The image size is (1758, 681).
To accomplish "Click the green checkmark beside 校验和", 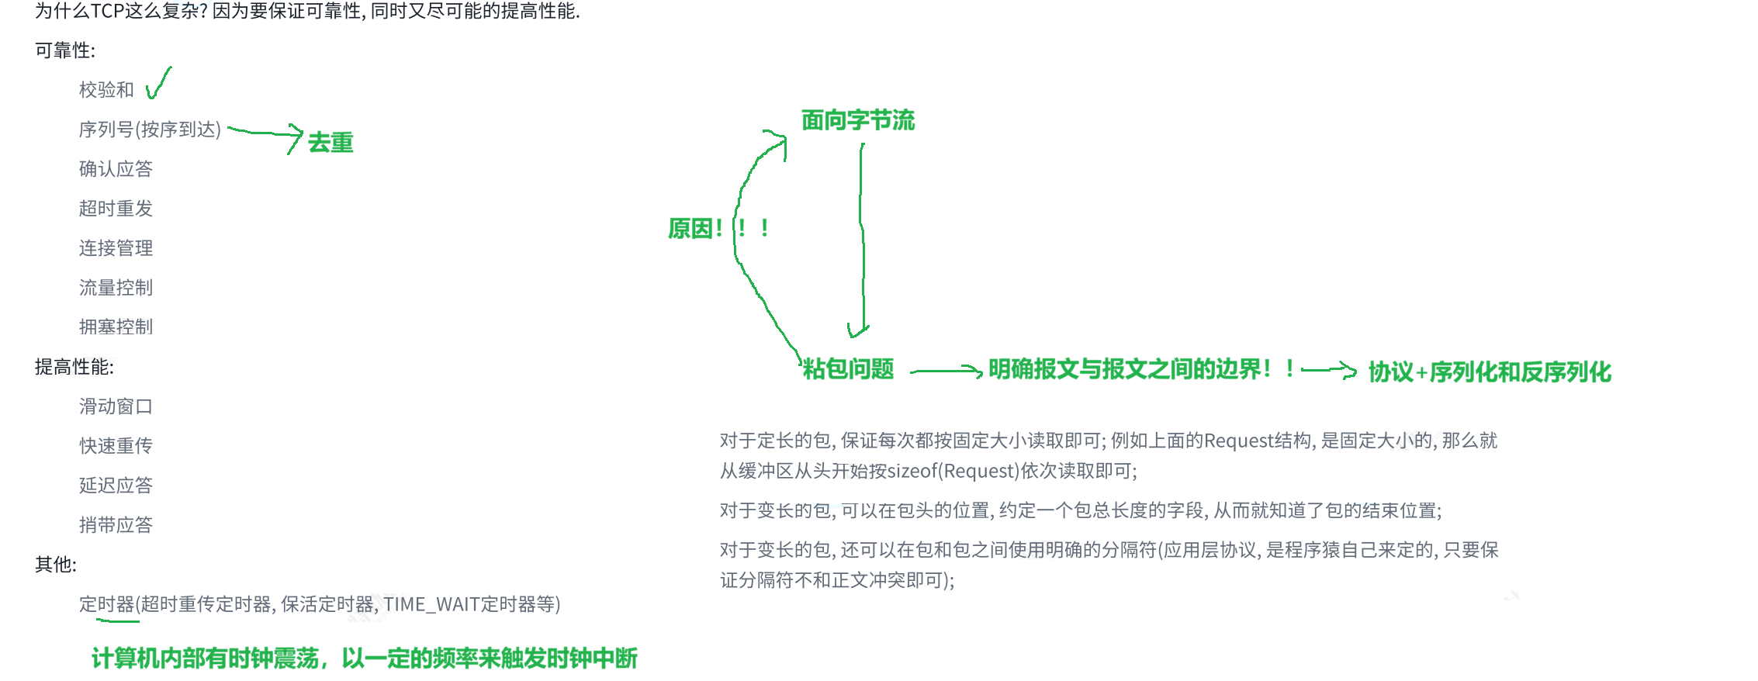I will click(x=157, y=85).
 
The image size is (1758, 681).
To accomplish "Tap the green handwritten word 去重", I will click(x=330, y=143).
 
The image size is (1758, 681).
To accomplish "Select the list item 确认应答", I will click(x=116, y=169).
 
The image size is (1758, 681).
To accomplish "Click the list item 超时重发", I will click(x=116, y=209).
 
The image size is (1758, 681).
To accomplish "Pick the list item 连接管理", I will click(x=116, y=248).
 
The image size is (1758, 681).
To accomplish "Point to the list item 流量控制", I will click(x=116, y=288).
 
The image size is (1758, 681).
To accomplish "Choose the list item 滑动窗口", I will click(x=116, y=406).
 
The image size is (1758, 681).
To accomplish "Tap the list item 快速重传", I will click(x=116, y=446).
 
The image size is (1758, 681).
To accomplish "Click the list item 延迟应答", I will click(x=116, y=486).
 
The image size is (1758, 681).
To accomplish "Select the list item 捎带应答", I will click(x=116, y=525).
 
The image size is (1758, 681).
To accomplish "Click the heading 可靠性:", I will click(x=65, y=51).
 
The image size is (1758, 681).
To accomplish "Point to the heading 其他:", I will click(x=56, y=565).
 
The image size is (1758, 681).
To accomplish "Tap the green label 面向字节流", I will click(x=857, y=120).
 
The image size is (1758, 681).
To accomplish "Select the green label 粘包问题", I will click(x=848, y=369).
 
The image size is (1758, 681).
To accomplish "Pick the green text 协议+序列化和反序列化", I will click(x=1489, y=372).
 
